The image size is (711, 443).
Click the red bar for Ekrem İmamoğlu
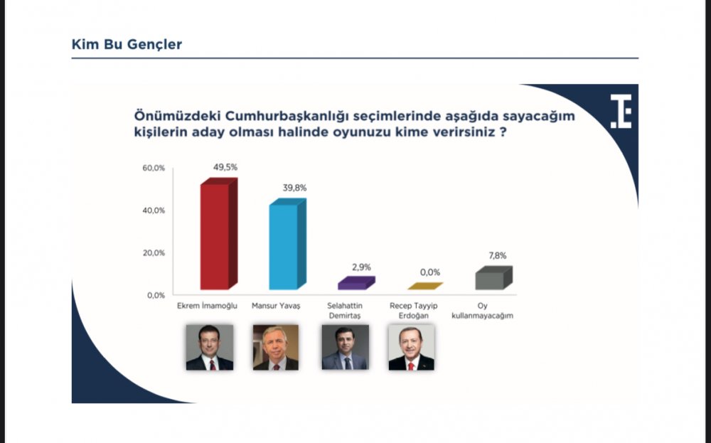click(219, 233)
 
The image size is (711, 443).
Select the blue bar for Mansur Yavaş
click(287, 244)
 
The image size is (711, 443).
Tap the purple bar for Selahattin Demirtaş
click(356, 283)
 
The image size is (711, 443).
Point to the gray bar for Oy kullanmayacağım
click(494, 277)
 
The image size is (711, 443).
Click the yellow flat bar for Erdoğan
click(425, 286)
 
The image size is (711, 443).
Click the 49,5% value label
click(225, 167)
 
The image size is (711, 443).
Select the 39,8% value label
click(295, 188)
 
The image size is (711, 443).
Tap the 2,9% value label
click(361, 267)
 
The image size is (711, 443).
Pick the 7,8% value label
click(498, 256)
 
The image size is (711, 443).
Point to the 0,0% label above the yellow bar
click(430, 272)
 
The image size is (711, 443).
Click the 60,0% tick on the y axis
click(154, 169)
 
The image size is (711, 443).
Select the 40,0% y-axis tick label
click(154, 210)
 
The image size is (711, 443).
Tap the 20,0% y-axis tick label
click(154, 253)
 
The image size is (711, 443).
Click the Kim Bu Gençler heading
click(127, 44)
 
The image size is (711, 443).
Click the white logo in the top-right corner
click(621, 112)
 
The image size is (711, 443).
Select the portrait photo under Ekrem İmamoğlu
click(210, 347)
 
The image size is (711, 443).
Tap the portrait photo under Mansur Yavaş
click(276, 347)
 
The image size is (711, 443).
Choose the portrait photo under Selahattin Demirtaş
click(345, 347)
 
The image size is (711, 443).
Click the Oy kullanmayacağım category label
click(483, 311)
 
